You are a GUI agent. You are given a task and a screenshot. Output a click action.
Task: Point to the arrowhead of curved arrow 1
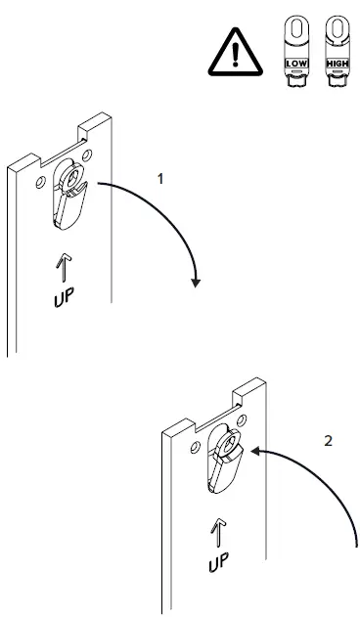197,283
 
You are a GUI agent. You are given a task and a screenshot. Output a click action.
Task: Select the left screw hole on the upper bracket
39,182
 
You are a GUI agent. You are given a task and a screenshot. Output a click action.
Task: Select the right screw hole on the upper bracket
87,154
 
